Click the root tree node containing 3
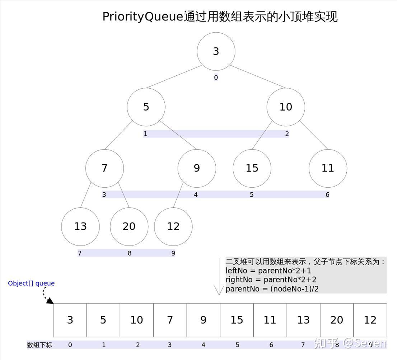(x=216, y=51)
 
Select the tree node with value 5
(x=146, y=107)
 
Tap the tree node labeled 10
(x=286, y=107)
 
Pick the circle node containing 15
(x=252, y=168)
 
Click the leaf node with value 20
(x=129, y=226)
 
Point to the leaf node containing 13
(x=80, y=226)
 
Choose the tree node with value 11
(x=328, y=168)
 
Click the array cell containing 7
(x=170, y=320)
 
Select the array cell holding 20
(x=337, y=320)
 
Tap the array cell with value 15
(x=237, y=320)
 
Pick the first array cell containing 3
(x=70, y=320)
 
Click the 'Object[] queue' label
(x=31, y=283)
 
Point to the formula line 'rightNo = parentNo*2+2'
(x=271, y=280)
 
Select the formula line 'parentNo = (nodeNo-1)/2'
(x=272, y=289)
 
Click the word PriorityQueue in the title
(x=143, y=17)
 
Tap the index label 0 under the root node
(x=216, y=78)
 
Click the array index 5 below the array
(x=237, y=345)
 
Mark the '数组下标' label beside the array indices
(x=39, y=345)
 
